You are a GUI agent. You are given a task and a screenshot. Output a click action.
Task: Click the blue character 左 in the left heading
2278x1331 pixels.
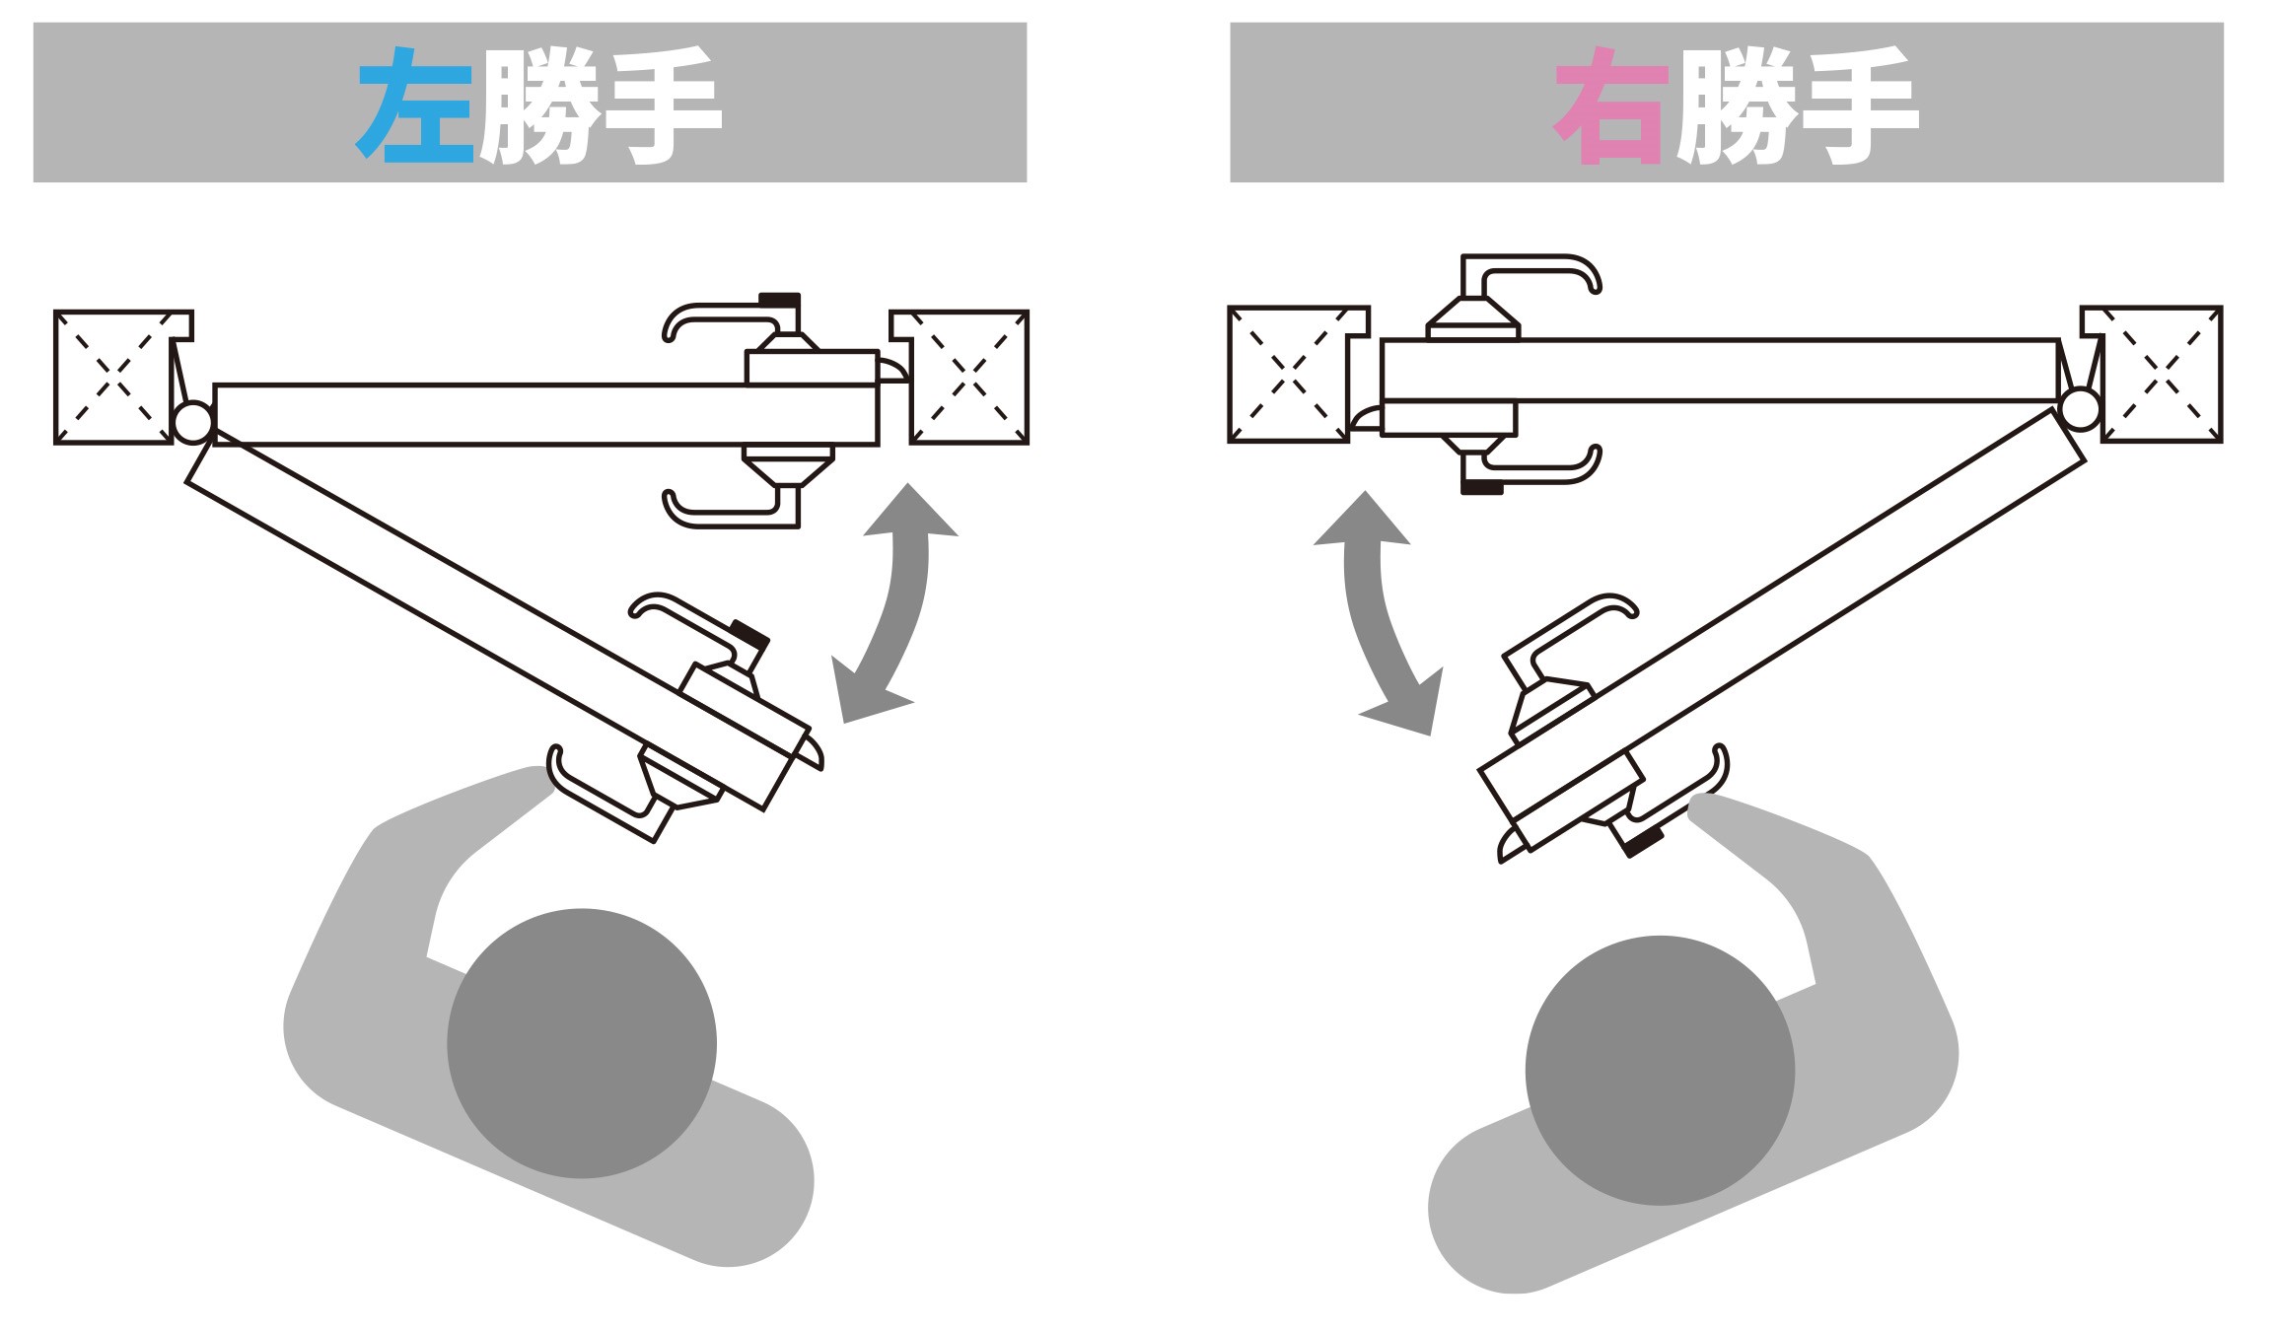tap(416, 105)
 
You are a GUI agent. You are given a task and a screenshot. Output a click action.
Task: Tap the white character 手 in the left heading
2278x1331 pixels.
tap(661, 105)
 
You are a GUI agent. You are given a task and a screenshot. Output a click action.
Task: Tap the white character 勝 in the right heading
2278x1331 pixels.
tap(1738, 105)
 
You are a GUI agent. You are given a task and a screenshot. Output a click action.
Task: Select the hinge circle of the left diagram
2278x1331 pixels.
tap(192, 422)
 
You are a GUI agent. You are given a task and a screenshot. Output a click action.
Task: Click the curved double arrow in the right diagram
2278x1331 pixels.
tap(1377, 611)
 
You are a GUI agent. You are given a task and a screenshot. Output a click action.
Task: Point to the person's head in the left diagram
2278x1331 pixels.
tap(582, 1043)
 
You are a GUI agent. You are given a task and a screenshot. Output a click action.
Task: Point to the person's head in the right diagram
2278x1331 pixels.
tap(1660, 1070)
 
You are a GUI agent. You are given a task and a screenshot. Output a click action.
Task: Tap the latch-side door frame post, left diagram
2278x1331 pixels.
tap(969, 378)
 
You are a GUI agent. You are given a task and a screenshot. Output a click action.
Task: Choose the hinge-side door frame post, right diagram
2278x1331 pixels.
tap(2161, 374)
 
